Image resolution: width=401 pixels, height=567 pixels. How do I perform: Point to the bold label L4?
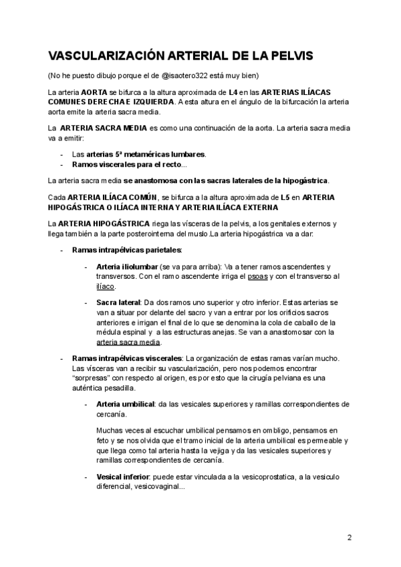233,92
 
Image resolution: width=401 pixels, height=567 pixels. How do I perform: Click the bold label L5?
288,198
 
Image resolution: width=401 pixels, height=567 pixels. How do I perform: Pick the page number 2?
350,537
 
